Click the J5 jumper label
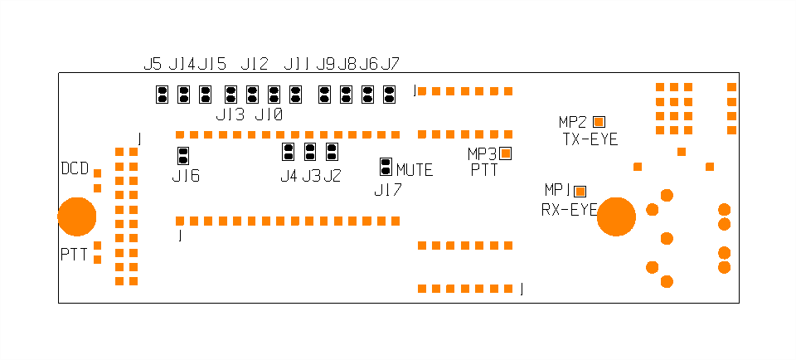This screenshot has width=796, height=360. tap(153, 63)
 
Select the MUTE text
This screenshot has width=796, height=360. tap(415, 170)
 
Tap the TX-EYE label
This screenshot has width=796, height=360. tap(590, 139)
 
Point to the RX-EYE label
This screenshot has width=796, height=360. tap(569, 211)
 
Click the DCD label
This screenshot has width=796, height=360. tap(75, 168)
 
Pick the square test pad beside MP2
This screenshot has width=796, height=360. tap(599, 121)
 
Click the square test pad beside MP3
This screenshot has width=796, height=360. tap(506, 153)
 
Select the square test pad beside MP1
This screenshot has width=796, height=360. tap(580, 190)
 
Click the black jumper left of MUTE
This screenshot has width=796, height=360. tap(386, 166)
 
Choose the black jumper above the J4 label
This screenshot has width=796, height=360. tap(288, 151)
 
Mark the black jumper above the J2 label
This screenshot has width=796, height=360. tap(331, 151)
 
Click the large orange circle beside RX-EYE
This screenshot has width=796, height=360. tap(616, 216)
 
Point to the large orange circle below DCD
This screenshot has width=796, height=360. tap(77, 216)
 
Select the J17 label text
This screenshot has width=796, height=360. tap(387, 190)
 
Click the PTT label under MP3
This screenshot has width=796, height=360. tap(484, 170)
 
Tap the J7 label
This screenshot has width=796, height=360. tap(390, 63)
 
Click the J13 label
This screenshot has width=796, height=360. tap(230, 114)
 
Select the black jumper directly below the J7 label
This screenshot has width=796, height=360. tap(388, 95)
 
